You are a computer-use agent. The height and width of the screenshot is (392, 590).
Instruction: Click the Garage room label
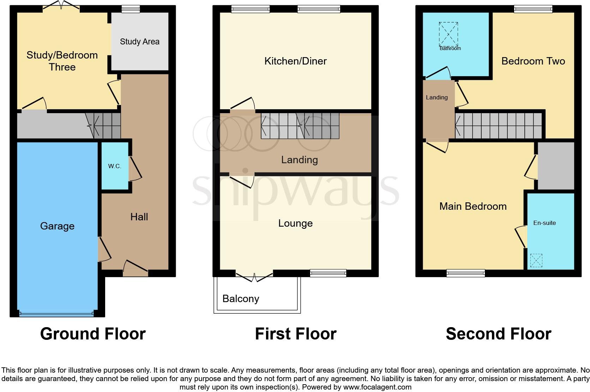57,226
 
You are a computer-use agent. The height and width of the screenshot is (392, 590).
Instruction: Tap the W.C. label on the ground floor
115,166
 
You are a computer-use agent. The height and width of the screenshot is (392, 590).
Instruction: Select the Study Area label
139,42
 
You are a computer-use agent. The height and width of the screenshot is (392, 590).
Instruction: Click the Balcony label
241,299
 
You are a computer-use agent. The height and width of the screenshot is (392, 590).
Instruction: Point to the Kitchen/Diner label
295,61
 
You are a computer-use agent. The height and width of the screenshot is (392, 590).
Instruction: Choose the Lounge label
295,223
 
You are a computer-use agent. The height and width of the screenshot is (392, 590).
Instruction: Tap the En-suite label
544,223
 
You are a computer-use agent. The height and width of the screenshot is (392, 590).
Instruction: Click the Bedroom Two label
533,61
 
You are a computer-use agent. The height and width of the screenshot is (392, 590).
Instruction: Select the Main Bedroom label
473,206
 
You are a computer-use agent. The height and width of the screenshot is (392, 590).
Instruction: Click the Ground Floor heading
93,333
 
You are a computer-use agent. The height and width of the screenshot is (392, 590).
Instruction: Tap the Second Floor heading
498,333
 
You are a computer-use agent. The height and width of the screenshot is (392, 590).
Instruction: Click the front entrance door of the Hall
135,269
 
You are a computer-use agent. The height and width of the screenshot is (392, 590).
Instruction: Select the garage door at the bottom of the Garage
57,313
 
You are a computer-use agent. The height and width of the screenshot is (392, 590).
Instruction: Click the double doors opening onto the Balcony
254,276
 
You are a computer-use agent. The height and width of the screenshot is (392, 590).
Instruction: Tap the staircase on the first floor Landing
300,125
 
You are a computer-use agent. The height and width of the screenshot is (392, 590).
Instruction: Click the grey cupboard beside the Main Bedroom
556,166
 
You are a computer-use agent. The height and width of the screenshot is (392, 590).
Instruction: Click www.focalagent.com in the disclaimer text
377,387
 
